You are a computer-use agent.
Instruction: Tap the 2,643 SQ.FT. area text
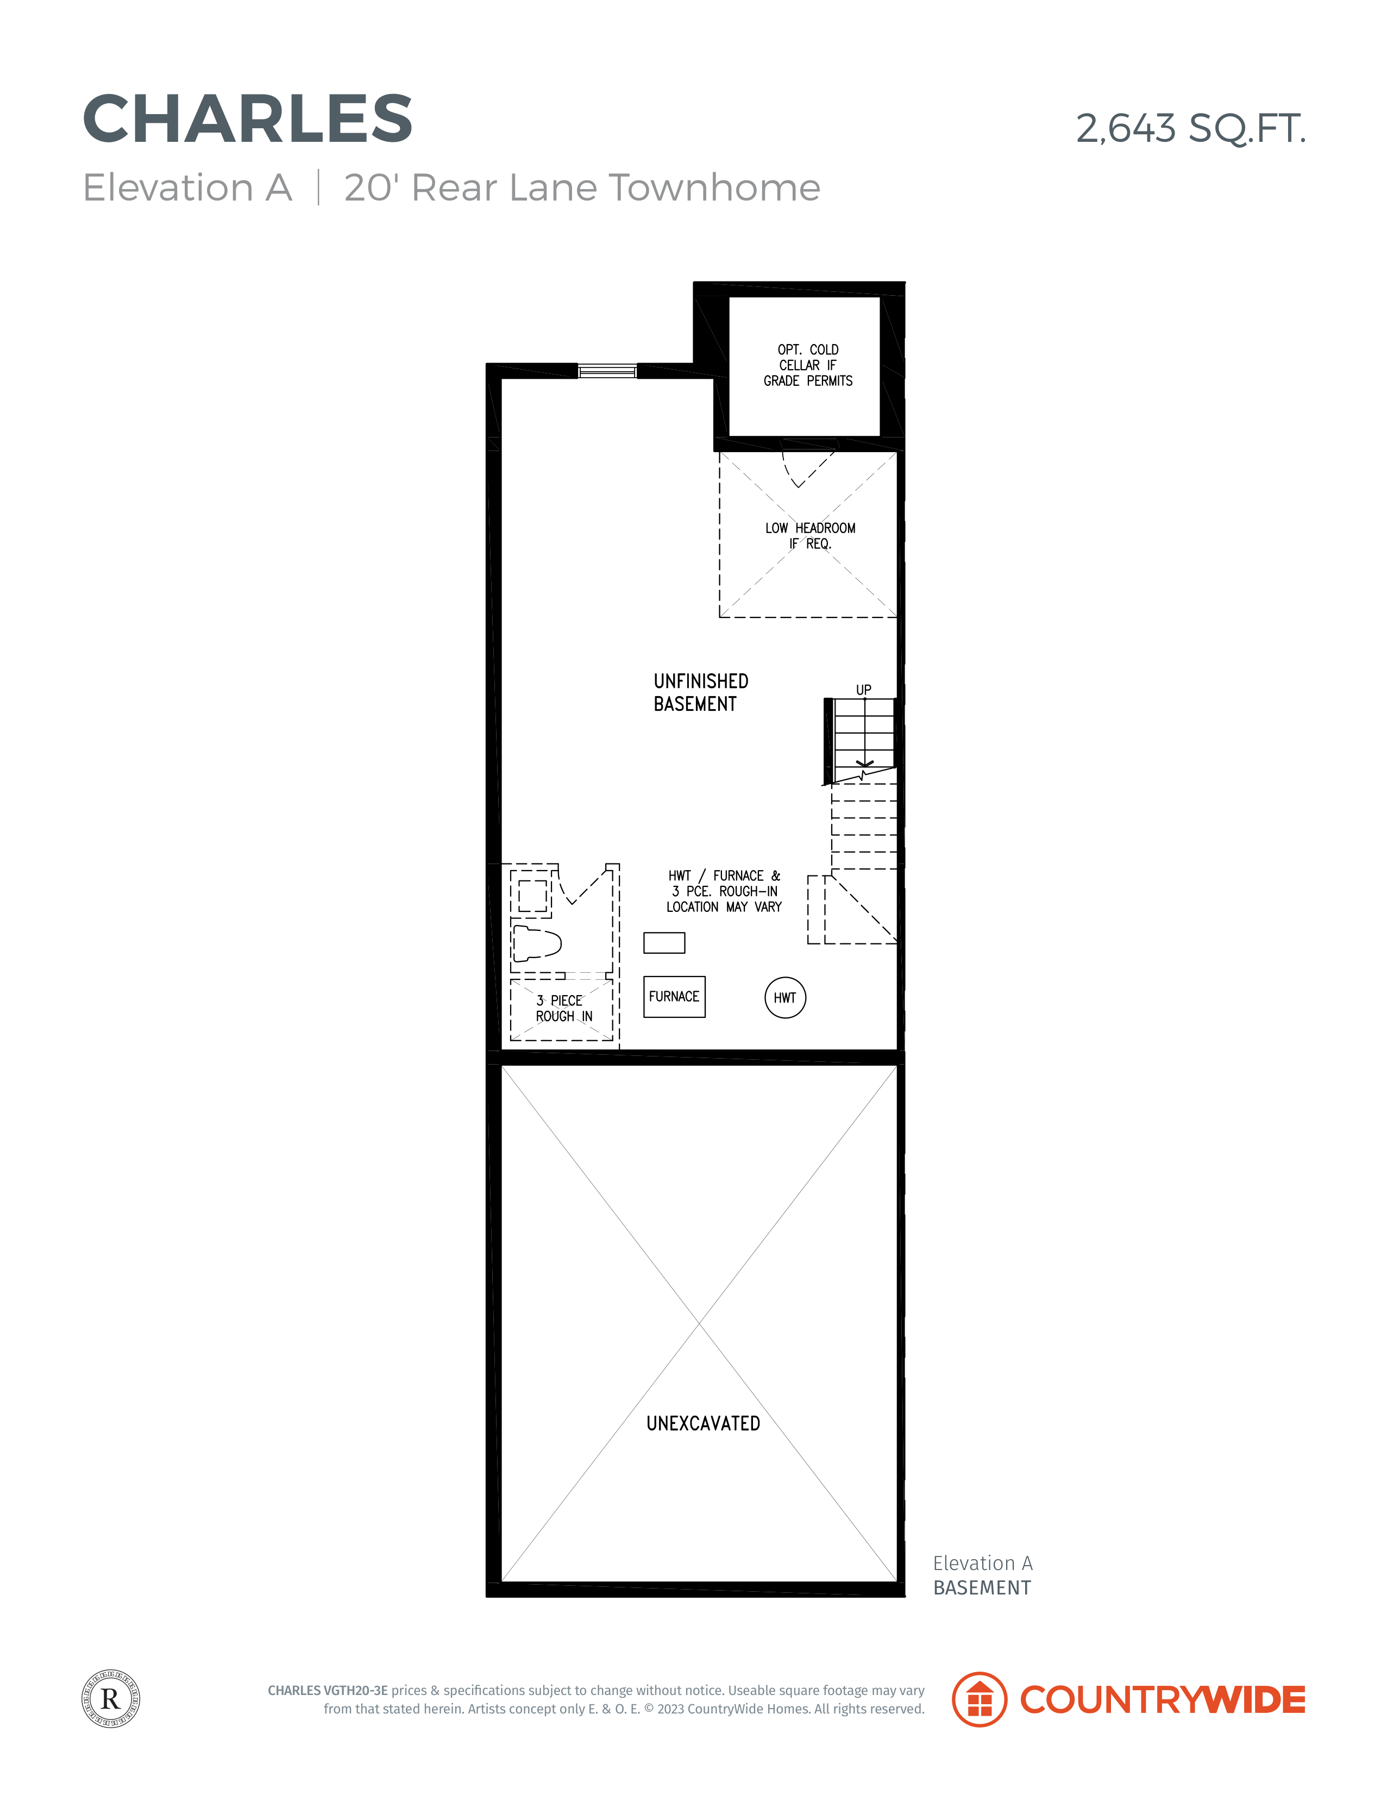point(1191,129)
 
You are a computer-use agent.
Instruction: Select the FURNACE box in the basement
point(674,996)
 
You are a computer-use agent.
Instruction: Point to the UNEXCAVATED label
point(704,1423)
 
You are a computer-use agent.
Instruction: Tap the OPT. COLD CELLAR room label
point(808,365)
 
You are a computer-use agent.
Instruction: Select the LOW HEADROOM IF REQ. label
point(810,536)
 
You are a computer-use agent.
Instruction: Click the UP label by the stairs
point(864,690)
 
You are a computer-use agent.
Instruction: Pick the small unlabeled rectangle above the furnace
point(664,943)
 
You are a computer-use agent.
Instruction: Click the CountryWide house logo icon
point(978,1700)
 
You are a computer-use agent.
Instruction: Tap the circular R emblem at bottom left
point(111,1699)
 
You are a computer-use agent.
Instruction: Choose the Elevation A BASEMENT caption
point(983,1575)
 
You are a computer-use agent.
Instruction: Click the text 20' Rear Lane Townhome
point(582,187)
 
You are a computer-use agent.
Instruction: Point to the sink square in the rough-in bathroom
point(532,895)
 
